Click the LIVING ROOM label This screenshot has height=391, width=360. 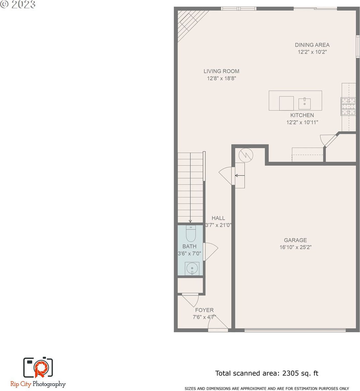pyautogui.click(x=221, y=71)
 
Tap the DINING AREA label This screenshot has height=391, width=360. pyautogui.click(x=312, y=45)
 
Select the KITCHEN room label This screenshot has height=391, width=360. pyautogui.click(x=302, y=115)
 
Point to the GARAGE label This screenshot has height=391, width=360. pyautogui.click(x=295, y=240)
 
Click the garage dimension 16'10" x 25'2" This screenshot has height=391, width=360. pyautogui.click(x=295, y=247)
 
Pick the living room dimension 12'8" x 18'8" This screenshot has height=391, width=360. pyautogui.click(x=221, y=78)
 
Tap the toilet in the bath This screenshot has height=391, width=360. pyautogui.click(x=191, y=234)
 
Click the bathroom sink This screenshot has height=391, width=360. pyautogui.click(x=192, y=269)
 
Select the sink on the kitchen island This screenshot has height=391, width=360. pyautogui.click(x=304, y=104)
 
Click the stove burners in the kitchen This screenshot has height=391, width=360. pyautogui.click(x=348, y=107)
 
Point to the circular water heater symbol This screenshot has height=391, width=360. pyautogui.click(x=246, y=155)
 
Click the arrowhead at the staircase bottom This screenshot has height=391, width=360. pyautogui.click(x=190, y=221)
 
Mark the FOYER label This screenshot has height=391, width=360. pyautogui.click(x=204, y=310)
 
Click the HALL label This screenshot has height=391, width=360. pyautogui.click(x=218, y=218)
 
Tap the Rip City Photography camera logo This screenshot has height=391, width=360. pyautogui.click(x=38, y=367)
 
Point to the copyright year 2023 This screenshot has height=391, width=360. pyautogui.click(x=23, y=4)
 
